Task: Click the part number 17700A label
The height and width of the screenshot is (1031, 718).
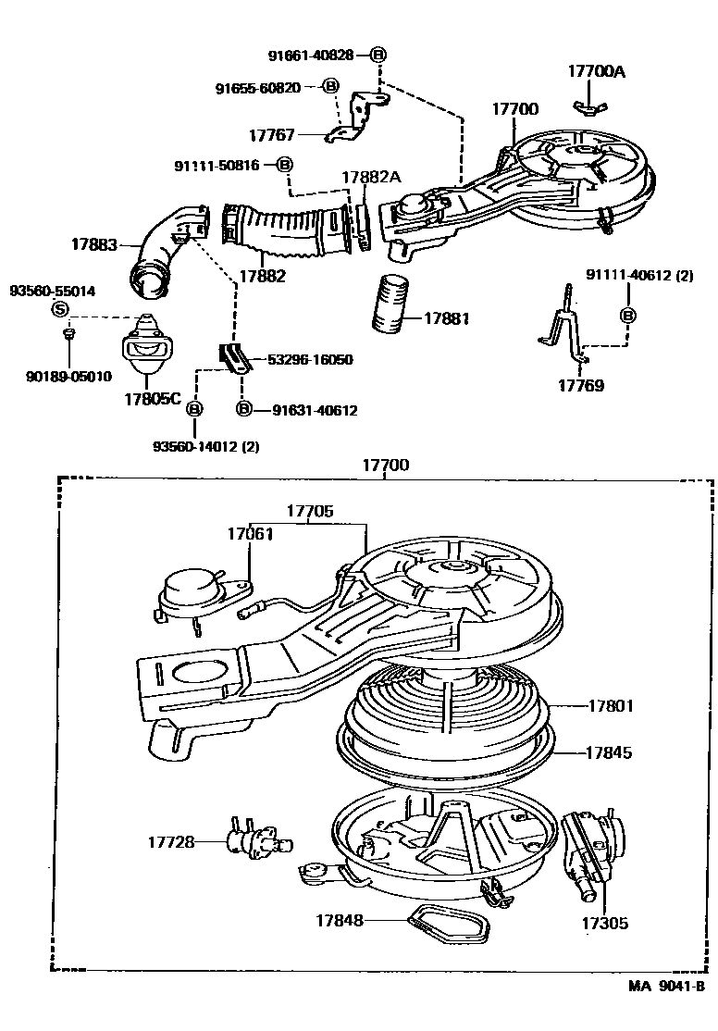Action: pyautogui.click(x=597, y=70)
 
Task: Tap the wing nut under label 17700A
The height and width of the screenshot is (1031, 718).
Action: pyautogui.click(x=586, y=107)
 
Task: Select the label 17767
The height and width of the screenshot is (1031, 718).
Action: pyautogui.click(x=271, y=135)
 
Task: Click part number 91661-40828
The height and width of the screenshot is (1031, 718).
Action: pyautogui.click(x=311, y=56)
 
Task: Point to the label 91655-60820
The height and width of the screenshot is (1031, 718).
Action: pyautogui.click(x=257, y=88)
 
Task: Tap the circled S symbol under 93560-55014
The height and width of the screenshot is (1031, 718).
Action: pyautogui.click(x=59, y=309)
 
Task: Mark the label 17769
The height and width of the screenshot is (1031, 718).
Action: pyautogui.click(x=581, y=385)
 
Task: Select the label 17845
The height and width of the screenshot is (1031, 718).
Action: pyautogui.click(x=609, y=753)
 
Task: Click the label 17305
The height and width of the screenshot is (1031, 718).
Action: pyautogui.click(x=604, y=923)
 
